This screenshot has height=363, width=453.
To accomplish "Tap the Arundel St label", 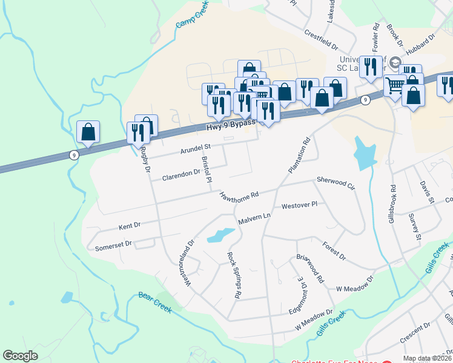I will pyautogui.click(x=194, y=147).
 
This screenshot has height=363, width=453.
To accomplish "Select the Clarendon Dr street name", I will pyautogui.click(x=181, y=176).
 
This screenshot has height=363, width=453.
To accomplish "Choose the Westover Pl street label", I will pyautogui.click(x=299, y=206).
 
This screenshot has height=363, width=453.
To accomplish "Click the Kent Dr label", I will pyautogui.click(x=130, y=226).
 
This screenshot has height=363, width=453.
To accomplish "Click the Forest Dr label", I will pyautogui.click(x=334, y=252).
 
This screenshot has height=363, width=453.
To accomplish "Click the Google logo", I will pyautogui.click(x=21, y=356).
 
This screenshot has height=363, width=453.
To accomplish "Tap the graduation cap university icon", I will pyautogui.click(x=395, y=63).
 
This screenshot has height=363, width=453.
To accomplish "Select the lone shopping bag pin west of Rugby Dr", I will pyautogui.click(x=88, y=132).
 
